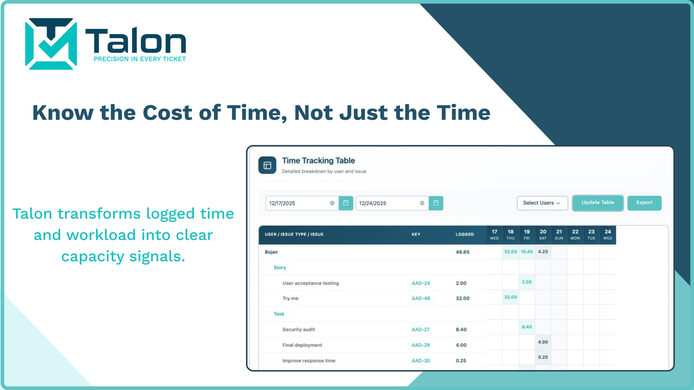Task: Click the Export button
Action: tap(645, 203)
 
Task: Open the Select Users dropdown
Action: tap(542, 203)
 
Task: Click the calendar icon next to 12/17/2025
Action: tap(346, 203)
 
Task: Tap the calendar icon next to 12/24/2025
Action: tap(436, 203)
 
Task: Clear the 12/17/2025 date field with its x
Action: tap(332, 203)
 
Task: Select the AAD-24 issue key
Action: tap(421, 283)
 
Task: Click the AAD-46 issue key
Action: tap(421, 299)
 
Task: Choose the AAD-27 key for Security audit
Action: tap(420, 330)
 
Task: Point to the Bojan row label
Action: tap(271, 252)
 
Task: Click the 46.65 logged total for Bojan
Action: tap(462, 252)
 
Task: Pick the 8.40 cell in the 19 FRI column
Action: tap(527, 327)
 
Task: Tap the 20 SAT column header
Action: tap(543, 234)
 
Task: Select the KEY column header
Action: tap(416, 234)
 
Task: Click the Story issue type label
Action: tap(280, 268)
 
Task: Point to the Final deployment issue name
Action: tap(302, 345)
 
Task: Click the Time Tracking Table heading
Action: tap(318, 161)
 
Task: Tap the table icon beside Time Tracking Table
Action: tap(267, 165)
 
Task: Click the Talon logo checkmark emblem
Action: tap(51, 44)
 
